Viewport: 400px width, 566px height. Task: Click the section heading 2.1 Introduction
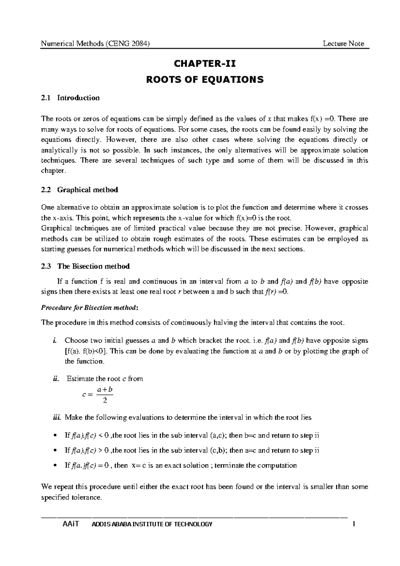click(x=70, y=98)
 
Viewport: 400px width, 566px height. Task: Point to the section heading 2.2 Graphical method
click(x=79, y=190)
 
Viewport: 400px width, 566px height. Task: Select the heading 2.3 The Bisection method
click(x=85, y=266)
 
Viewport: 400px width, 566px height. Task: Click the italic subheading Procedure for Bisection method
click(x=89, y=307)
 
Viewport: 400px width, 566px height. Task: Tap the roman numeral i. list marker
click(x=54, y=341)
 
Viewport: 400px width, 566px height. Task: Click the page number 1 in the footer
click(x=354, y=524)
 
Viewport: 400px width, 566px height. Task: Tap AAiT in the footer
click(x=70, y=524)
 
